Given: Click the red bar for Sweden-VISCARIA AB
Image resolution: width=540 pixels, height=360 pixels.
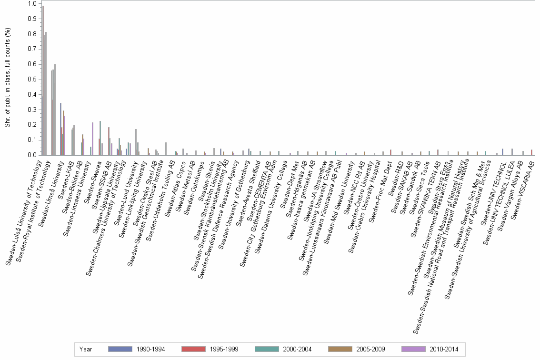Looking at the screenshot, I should [531, 152].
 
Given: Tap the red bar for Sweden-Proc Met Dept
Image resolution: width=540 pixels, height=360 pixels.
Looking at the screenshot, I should [390, 152].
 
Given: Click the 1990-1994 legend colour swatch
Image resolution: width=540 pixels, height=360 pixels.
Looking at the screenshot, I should [120, 349].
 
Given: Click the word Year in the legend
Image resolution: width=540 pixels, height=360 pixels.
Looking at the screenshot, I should [86, 349].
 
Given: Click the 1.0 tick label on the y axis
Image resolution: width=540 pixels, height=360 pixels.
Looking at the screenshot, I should [32, 4].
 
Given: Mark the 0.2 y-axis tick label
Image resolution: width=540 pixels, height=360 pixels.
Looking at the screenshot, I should [32, 125].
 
